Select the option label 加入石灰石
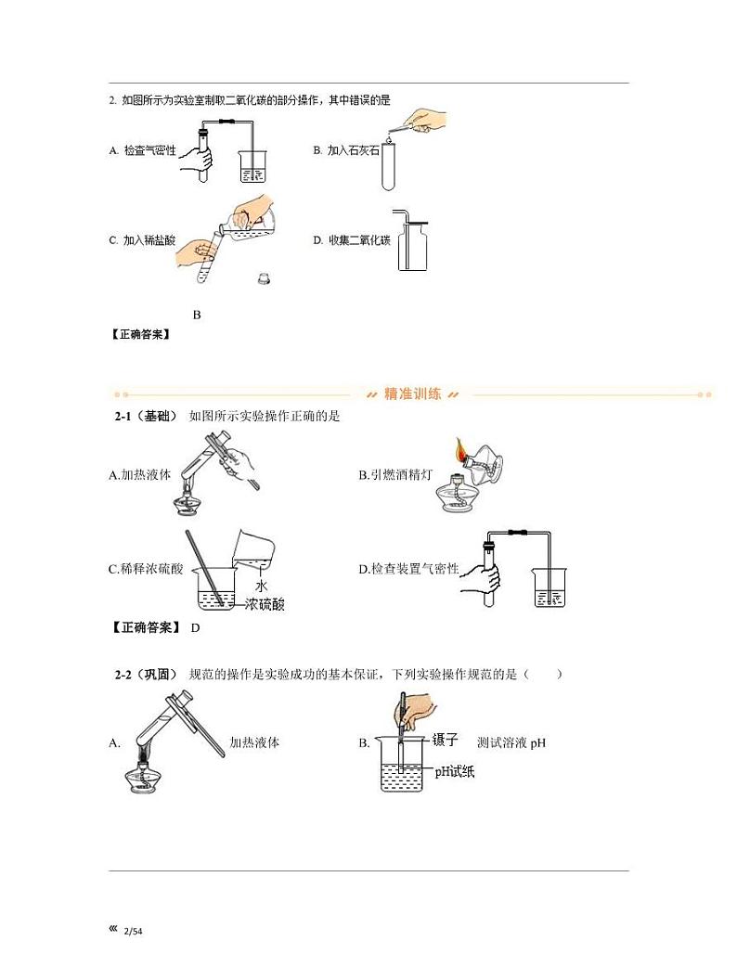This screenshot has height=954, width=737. (x=354, y=149)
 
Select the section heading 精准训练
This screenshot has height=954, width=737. (x=412, y=394)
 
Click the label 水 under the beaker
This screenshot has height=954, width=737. (x=261, y=587)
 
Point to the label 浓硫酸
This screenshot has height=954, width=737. (x=265, y=605)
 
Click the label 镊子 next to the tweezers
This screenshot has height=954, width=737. (x=446, y=740)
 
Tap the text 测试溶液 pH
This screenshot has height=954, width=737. (x=511, y=742)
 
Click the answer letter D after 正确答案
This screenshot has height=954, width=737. (x=195, y=628)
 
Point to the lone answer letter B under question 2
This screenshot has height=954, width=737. (x=197, y=315)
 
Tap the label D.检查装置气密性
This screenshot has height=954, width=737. (x=408, y=569)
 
